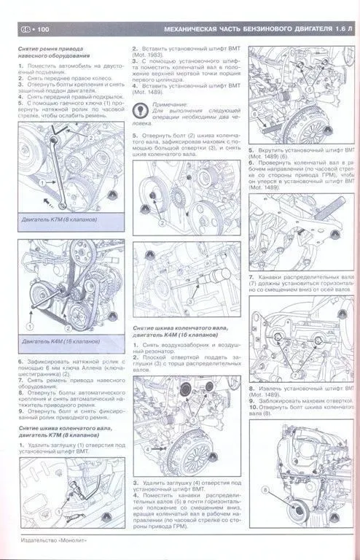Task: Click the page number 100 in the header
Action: tap(41, 30)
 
